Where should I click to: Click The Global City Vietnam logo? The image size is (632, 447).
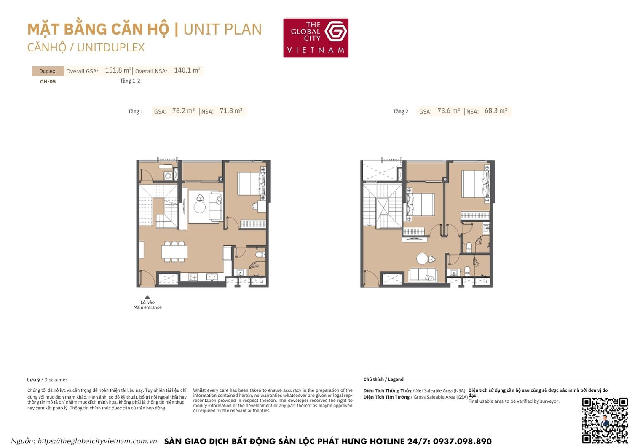coord(316,38)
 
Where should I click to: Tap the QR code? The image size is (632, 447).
coord(605,420)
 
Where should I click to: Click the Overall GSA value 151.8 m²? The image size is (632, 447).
coord(118,70)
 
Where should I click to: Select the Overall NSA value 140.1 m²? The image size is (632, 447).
coord(187,70)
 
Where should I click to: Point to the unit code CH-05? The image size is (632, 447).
coord(48,82)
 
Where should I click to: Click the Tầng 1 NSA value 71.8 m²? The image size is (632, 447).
coord(231,111)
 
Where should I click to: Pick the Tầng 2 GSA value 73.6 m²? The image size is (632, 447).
coord(448,111)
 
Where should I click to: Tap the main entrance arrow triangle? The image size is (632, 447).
coord(147,297)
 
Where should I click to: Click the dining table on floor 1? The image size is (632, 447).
coord(174,251)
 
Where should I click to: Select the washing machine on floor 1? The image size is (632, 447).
coord(168,176)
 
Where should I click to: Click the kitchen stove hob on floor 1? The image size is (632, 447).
coord(193,277)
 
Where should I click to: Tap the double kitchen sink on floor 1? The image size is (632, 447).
coord(212,277)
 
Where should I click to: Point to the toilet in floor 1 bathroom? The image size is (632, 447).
coord(260,254)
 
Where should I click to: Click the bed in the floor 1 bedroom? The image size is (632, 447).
coord(251,183)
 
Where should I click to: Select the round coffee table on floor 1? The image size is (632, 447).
coord(199,207)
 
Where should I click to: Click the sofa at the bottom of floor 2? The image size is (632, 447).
coord(423,275)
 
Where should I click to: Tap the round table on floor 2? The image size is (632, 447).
coord(423,258)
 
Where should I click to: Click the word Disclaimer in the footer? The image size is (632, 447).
coord(56,380)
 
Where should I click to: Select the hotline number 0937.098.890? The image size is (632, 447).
coord(462,441)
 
